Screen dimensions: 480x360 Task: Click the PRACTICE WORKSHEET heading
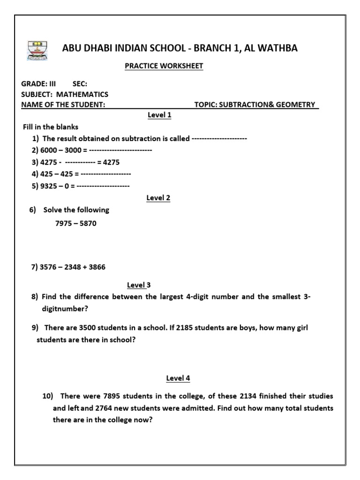164,66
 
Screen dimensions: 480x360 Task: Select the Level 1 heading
159,115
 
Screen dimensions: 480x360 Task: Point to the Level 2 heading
158,198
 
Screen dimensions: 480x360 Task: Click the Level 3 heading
139,285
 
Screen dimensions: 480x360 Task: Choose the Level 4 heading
178,378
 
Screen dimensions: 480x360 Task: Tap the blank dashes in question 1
219,139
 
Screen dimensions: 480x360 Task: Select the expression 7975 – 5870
75,224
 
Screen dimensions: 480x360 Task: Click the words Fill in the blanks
51,127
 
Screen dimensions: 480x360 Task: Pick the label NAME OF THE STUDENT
63,105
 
